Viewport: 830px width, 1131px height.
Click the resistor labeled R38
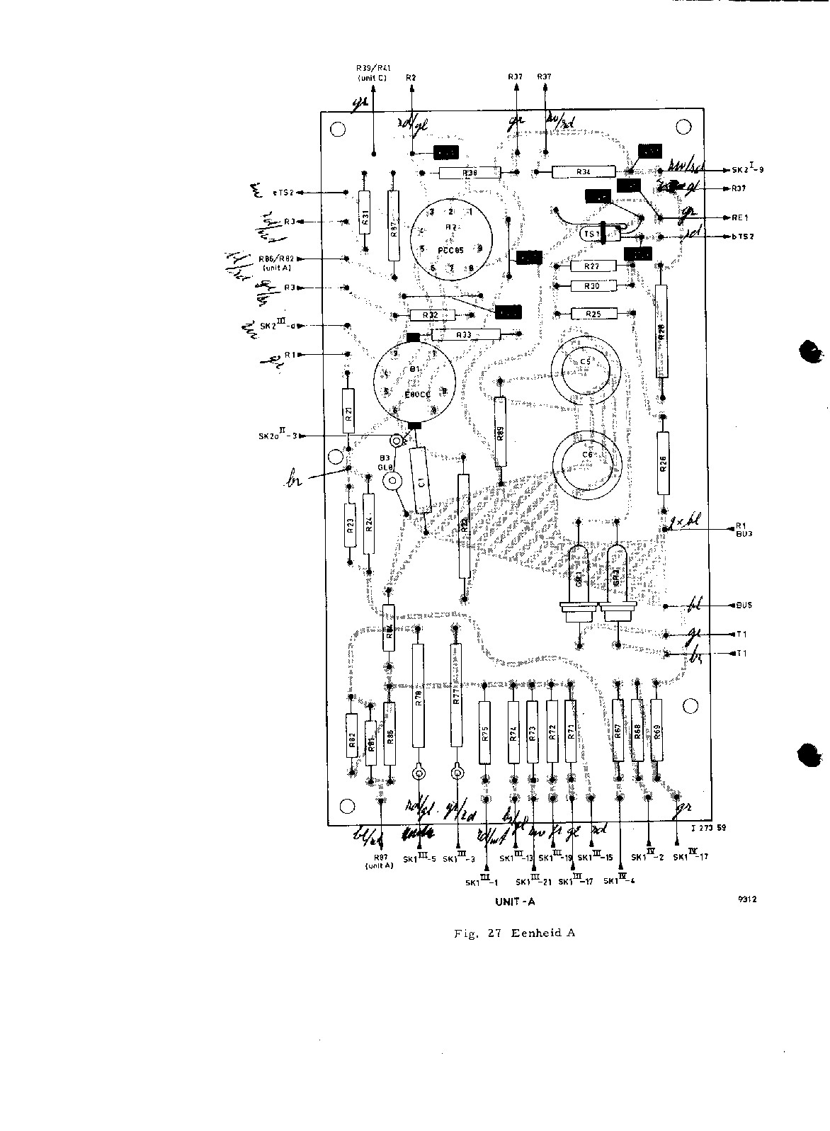tap(470, 173)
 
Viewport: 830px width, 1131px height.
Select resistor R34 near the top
tap(584, 171)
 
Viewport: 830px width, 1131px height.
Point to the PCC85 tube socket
tap(448, 237)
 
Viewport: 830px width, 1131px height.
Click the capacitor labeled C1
tap(421, 481)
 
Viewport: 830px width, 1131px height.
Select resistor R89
tap(501, 432)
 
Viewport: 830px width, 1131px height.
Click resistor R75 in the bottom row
tap(485, 733)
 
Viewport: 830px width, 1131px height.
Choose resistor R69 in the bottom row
tap(656, 729)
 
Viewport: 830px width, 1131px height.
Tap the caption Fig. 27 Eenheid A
tap(514, 933)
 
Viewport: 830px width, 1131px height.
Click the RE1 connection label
tap(740, 218)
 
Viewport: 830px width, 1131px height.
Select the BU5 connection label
tap(744, 606)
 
